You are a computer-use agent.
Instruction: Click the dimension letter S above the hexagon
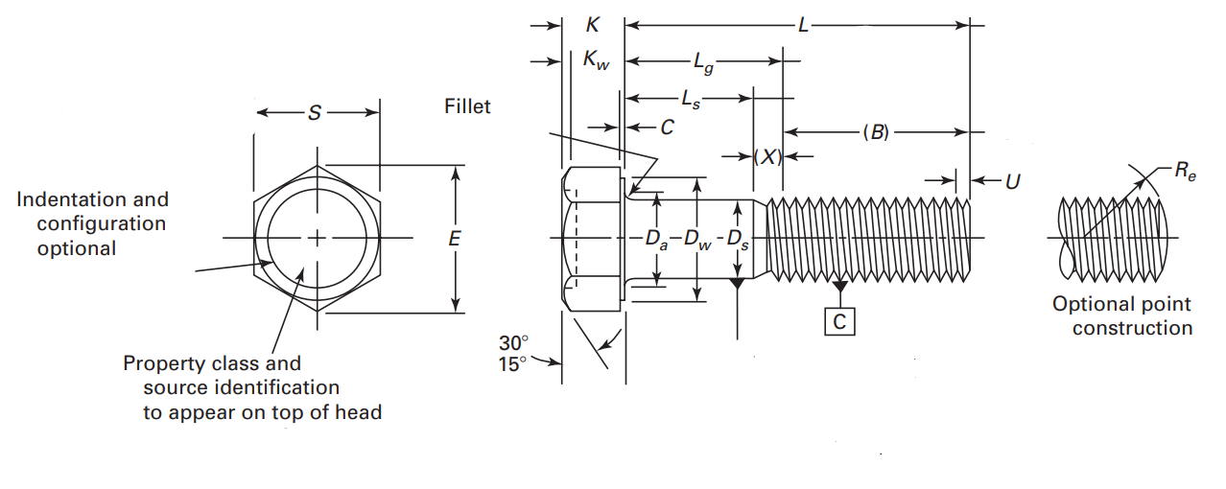point(315,113)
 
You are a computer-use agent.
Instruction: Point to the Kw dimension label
point(596,61)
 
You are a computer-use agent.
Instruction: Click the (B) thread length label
point(876,132)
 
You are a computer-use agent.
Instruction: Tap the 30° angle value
point(513,342)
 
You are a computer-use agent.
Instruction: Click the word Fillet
point(467,106)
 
